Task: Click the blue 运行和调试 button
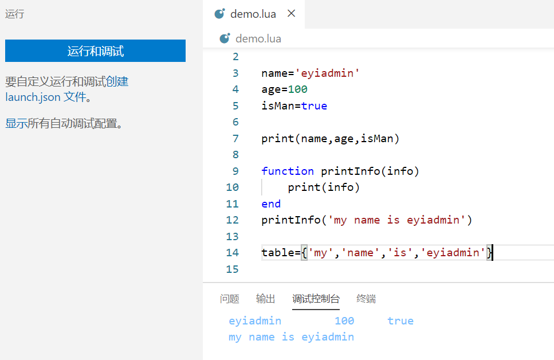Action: [96, 50]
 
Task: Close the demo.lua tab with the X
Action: [292, 13]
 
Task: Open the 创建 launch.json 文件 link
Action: [67, 89]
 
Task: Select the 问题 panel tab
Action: [230, 299]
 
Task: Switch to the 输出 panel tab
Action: [266, 299]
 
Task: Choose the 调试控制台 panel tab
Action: [316, 299]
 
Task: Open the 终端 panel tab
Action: [367, 299]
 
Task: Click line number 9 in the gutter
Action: [235, 171]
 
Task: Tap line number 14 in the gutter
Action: [233, 252]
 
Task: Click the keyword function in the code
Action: [288, 171]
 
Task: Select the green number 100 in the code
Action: [297, 89]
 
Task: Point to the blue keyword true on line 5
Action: [314, 105]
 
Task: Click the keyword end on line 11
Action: [271, 204]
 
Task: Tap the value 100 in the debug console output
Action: [344, 321]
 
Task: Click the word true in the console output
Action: [400, 321]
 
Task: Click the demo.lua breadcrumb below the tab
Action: [258, 38]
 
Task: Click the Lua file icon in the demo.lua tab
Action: [220, 13]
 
